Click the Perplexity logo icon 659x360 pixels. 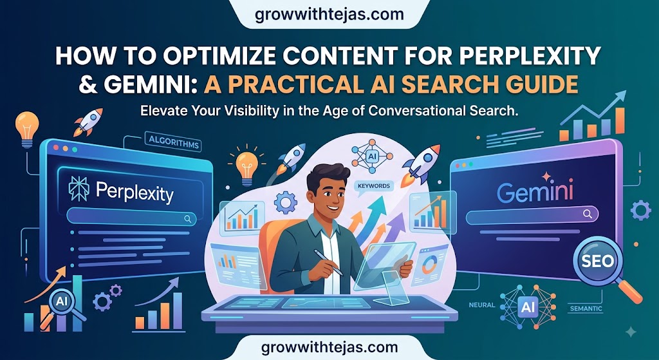(x=79, y=189)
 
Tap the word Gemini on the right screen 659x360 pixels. (x=535, y=193)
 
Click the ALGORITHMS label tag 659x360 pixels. (x=172, y=142)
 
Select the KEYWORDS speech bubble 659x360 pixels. (x=373, y=186)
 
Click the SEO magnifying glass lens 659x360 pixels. (x=598, y=261)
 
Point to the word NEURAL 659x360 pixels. (x=481, y=305)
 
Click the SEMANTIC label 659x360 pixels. (x=586, y=309)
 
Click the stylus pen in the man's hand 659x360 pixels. (x=329, y=262)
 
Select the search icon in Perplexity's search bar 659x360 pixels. (x=187, y=219)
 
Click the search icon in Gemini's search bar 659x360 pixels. (x=587, y=214)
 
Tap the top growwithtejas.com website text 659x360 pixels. (x=329, y=14)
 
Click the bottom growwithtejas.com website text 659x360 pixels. (x=329, y=348)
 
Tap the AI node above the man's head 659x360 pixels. (x=371, y=156)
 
